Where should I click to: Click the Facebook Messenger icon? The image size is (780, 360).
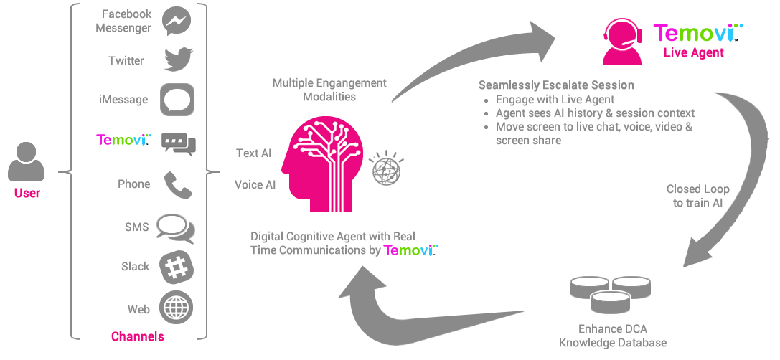click(x=176, y=22)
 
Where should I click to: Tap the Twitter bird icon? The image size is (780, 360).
click(x=176, y=60)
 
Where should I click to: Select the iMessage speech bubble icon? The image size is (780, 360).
click(x=177, y=100)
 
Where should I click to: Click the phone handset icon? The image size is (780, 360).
click(x=177, y=184)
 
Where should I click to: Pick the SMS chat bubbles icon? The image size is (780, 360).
click(x=176, y=227)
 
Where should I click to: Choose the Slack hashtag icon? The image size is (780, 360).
click(x=177, y=267)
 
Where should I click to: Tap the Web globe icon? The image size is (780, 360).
click(x=177, y=308)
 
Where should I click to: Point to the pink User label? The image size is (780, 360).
click(x=27, y=194)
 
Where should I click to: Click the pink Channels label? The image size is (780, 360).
click(x=138, y=336)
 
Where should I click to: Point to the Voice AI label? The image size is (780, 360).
click(x=255, y=185)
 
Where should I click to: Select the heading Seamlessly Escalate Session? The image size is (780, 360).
click(x=556, y=85)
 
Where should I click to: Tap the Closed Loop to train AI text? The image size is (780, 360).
click(x=697, y=196)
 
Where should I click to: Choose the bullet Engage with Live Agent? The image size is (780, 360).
click(x=555, y=100)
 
